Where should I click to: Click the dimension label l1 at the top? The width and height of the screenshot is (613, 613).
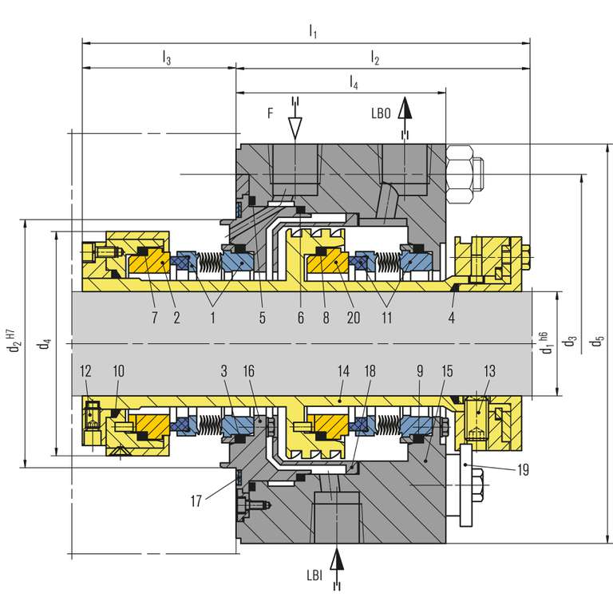coord(313,32)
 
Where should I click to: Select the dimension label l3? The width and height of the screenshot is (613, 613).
coord(166,57)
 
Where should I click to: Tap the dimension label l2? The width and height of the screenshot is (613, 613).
coord(375,57)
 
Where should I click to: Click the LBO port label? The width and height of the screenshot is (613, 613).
coord(381,114)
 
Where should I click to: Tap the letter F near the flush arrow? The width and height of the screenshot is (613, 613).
coord(271,114)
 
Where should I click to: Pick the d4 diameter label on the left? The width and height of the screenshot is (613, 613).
coord(45,344)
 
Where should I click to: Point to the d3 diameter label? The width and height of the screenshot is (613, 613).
coord(570,342)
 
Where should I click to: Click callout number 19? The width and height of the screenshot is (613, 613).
coord(523,470)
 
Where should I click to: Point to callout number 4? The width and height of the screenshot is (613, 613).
coord(452,317)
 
